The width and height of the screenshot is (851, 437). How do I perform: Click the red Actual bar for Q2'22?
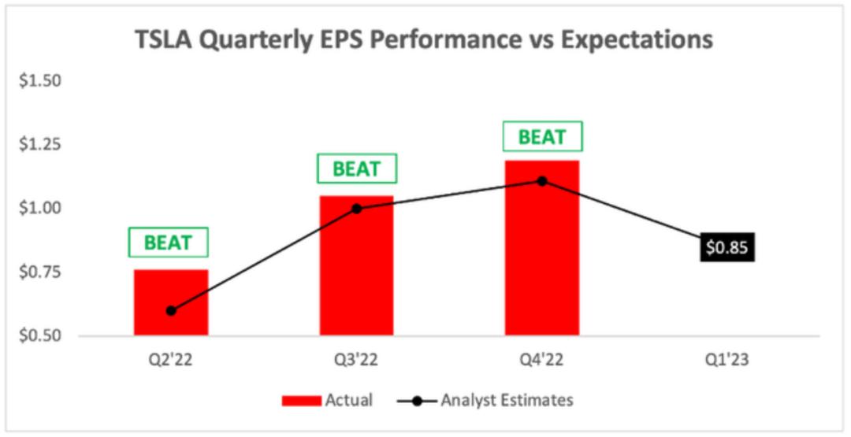tap(171, 302)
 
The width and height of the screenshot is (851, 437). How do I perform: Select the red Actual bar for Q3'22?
tap(357, 265)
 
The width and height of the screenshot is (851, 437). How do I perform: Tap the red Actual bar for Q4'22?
tap(542, 248)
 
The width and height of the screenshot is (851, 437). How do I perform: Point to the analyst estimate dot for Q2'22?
tap(171, 311)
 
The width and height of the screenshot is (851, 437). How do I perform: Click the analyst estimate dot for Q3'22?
tap(357, 209)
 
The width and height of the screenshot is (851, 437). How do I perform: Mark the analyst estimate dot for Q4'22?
tap(542, 180)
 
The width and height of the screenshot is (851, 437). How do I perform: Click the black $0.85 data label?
tap(727, 247)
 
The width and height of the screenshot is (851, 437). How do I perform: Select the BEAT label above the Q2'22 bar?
tap(169, 243)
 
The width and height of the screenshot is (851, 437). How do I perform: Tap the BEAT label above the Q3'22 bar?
tap(357, 169)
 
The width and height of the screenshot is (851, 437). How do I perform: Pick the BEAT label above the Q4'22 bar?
tap(542, 137)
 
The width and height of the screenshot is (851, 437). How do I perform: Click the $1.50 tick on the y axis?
tap(39, 81)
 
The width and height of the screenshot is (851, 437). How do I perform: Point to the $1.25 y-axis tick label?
tap(39, 145)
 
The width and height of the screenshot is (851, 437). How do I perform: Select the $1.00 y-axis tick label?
tap(39, 208)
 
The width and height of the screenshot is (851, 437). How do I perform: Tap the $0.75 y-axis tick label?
tap(39, 272)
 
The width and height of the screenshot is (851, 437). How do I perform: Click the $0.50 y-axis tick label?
tap(39, 335)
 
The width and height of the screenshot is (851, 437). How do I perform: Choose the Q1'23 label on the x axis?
tap(727, 360)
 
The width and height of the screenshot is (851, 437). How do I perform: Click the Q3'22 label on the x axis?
tap(357, 360)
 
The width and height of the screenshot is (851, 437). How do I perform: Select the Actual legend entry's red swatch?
tap(301, 401)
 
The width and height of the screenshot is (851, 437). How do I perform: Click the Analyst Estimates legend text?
tap(507, 400)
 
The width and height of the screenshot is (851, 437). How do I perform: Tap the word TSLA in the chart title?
tap(163, 41)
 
